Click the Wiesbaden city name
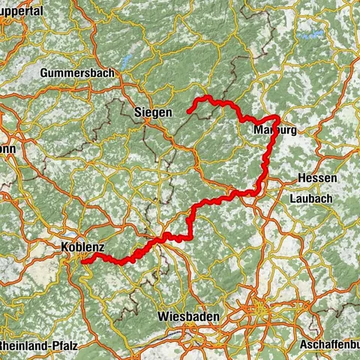click(188, 316)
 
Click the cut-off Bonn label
click(7, 148)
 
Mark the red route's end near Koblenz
click(83, 261)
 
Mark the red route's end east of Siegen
click(188, 112)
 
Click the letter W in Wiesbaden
click(163, 316)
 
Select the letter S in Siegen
click(137, 112)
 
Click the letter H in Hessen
click(301, 178)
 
